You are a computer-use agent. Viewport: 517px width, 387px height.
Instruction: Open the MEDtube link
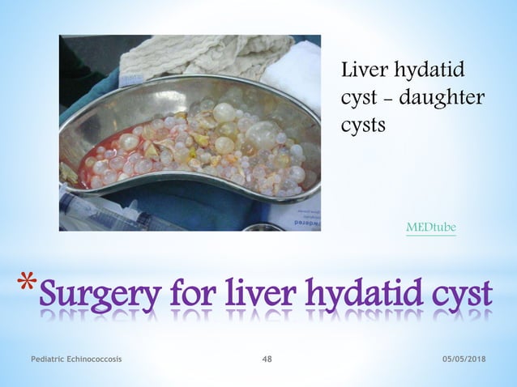click(430, 228)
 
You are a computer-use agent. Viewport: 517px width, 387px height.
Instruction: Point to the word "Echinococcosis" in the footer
click(92, 359)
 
